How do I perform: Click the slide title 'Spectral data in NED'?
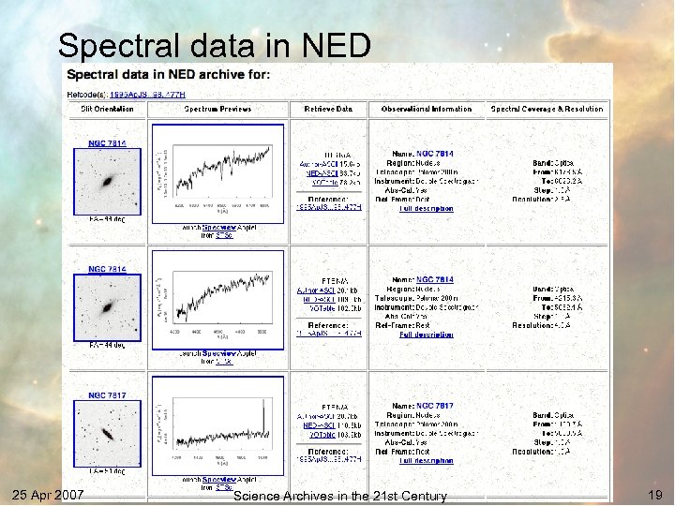(x=214, y=44)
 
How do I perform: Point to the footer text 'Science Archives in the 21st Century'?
(x=339, y=496)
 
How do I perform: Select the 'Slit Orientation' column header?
(x=107, y=109)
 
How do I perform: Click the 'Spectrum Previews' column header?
(x=217, y=109)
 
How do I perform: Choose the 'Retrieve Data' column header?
(x=328, y=109)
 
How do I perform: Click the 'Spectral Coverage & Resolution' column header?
(x=547, y=109)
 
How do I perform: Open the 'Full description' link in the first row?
(x=427, y=209)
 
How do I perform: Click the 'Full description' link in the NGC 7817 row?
(x=427, y=460)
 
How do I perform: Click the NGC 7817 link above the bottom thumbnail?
(x=107, y=395)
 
